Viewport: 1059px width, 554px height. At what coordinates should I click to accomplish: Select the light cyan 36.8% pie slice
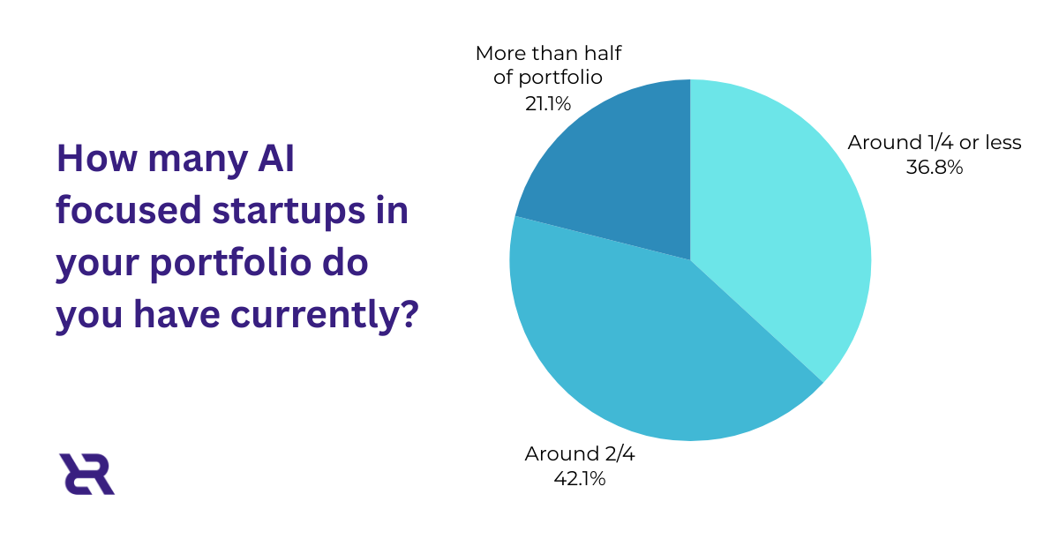777,229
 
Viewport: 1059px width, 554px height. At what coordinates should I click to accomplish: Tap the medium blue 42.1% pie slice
644,353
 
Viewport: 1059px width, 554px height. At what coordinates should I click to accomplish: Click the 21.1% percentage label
547,103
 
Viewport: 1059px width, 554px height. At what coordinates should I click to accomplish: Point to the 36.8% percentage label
934,166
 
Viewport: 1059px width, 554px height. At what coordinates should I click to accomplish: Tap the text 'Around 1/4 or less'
934,142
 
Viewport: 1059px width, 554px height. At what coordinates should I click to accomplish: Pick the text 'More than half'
548,54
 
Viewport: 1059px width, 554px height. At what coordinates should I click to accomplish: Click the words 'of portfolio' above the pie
548,78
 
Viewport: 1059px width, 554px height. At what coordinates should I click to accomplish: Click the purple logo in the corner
86,474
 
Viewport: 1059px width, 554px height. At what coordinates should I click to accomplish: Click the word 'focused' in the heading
121,212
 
